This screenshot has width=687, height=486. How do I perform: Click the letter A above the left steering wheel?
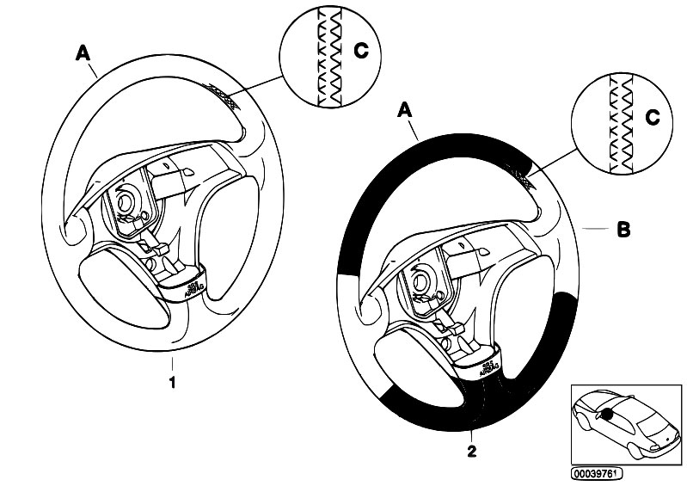(83, 53)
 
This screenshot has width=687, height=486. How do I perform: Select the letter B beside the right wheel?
(624, 230)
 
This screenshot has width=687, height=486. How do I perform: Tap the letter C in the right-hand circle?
(653, 120)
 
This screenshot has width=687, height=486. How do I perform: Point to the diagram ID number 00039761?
(596, 472)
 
